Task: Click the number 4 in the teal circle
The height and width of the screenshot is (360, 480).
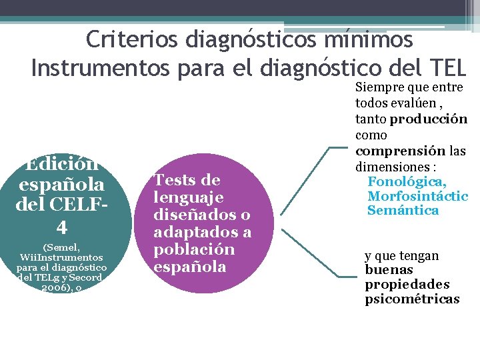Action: [x=62, y=227]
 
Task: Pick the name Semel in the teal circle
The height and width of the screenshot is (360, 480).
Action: [x=62, y=245]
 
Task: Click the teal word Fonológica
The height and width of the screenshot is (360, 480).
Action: [x=407, y=181]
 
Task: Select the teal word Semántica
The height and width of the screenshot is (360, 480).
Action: [x=403, y=210]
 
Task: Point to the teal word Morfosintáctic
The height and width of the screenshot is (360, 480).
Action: [x=418, y=195]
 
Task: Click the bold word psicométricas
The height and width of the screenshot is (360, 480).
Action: [x=412, y=299]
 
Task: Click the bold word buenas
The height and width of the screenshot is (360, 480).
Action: [x=389, y=270]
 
